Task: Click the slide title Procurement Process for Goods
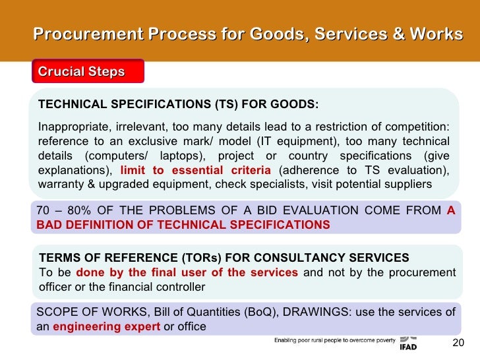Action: (x=247, y=34)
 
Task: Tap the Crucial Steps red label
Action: (x=81, y=72)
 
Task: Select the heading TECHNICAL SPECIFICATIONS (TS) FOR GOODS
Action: (x=178, y=105)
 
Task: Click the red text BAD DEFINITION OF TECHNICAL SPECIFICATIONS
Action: (x=183, y=225)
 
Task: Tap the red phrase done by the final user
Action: (x=187, y=272)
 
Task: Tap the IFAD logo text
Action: (x=408, y=347)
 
